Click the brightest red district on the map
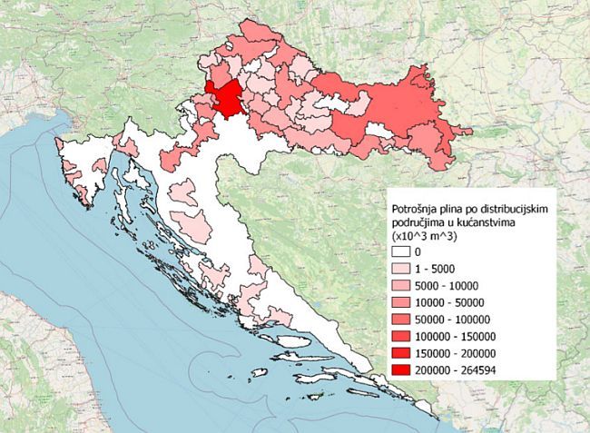(x=222, y=97)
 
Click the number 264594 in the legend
(x=491, y=370)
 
